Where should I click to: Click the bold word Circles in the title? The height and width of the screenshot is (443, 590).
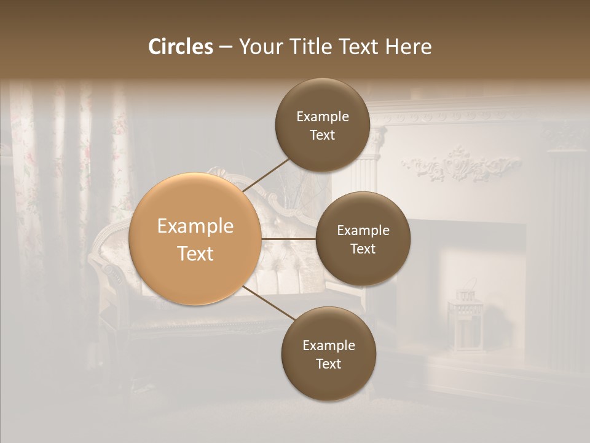tap(181, 47)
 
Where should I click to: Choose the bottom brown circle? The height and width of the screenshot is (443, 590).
tap(328, 381)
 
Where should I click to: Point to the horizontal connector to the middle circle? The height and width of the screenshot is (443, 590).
tap(288, 239)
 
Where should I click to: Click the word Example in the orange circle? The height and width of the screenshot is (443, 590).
tap(195, 226)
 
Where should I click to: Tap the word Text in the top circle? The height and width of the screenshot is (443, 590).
tap(322, 135)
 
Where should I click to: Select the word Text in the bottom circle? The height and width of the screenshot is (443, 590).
tap(328, 364)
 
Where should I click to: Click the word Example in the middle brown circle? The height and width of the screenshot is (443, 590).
tap(363, 231)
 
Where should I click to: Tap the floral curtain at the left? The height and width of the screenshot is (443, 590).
tap(25, 185)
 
